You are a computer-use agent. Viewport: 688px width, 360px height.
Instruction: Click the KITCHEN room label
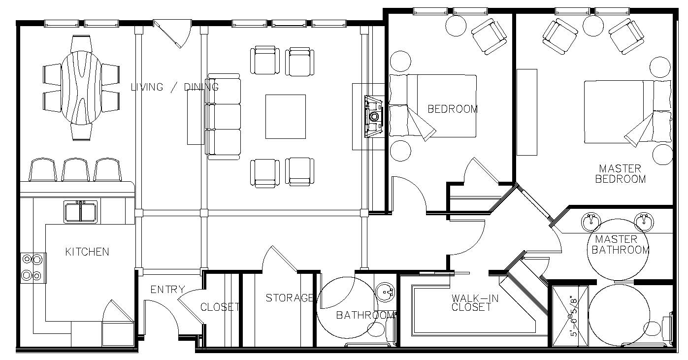click(87, 252)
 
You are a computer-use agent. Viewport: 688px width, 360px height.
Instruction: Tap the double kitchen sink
click(81, 212)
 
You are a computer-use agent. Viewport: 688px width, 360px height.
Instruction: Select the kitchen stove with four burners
click(33, 268)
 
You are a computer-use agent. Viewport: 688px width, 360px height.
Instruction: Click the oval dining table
click(81, 88)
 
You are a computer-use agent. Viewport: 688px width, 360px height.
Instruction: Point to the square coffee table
click(286, 117)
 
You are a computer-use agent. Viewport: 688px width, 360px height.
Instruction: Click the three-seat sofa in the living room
click(224, 117)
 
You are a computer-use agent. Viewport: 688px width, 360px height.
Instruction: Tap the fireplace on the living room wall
click(373, 116)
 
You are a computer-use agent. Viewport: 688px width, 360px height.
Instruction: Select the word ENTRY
click(168, 290)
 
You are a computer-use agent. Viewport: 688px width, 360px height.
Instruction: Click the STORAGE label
click(289, 297)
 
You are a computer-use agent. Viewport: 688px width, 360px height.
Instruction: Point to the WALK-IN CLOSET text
click(475, 302)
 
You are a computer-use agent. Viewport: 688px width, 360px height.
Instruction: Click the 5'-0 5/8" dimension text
click(573, 316)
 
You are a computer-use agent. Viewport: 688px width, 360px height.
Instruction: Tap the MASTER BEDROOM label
click(621, 174)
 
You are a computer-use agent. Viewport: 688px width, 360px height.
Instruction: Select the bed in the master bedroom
click(627, 112)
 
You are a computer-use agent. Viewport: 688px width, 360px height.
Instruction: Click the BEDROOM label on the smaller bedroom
click(453, 109)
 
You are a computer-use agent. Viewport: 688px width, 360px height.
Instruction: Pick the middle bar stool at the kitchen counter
click(75, 169)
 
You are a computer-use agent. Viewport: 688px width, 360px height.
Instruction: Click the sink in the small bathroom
click(385, 291)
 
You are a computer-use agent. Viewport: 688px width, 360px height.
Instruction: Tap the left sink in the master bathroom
click(591, 222)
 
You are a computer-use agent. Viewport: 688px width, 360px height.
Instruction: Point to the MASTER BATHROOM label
click(621, 245)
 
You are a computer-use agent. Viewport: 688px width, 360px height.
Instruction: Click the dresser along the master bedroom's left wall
click(527, 112)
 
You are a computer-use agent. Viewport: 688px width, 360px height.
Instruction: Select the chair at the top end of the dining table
click(81, 44)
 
